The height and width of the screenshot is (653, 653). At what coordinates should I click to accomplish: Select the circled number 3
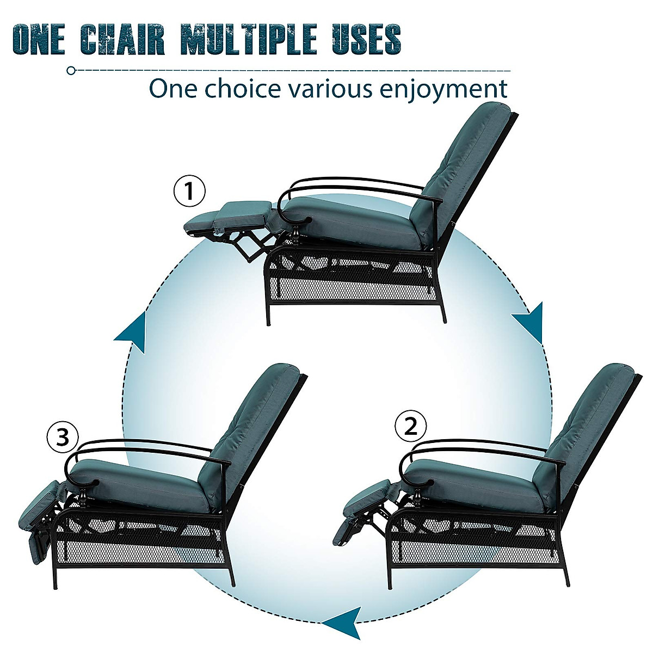click(63, 438)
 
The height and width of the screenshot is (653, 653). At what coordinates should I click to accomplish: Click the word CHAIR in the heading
click(124, 39)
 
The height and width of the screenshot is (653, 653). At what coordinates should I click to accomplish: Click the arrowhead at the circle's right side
click(529, 322)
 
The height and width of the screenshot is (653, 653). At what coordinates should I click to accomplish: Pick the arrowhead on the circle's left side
click(132, 331)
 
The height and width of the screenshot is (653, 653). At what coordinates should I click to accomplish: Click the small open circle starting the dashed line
click(70, 71)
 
